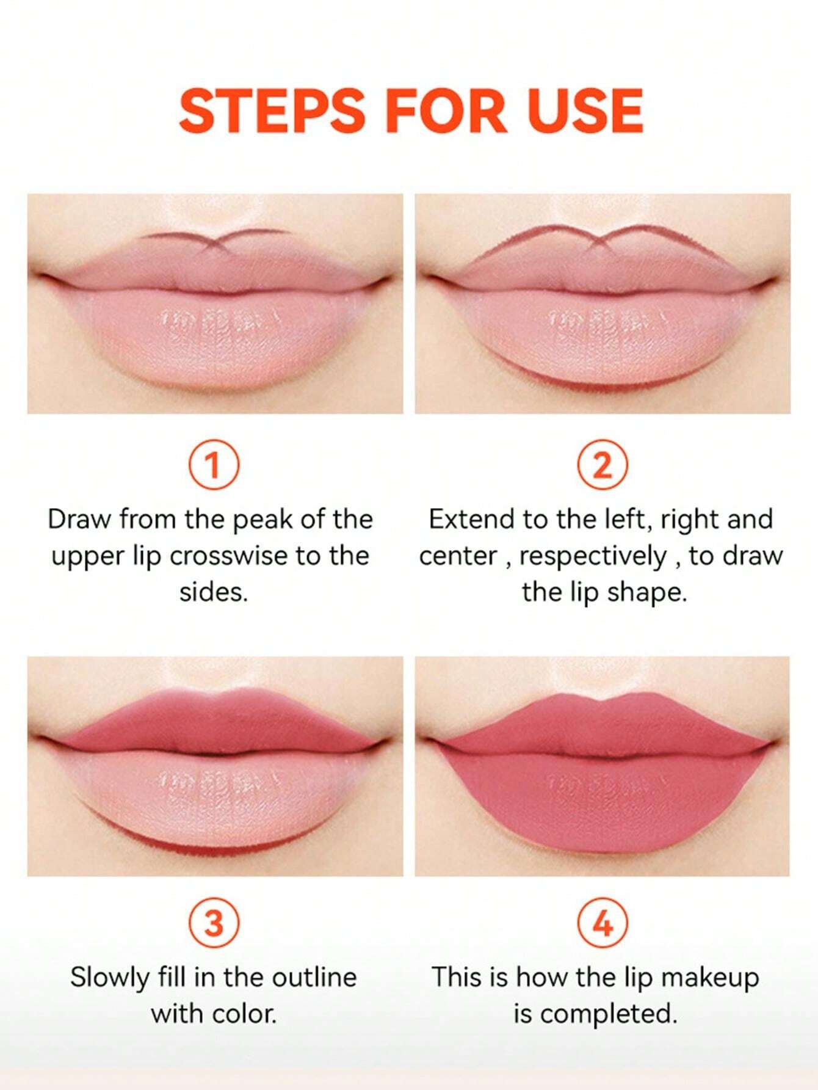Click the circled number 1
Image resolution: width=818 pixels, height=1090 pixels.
coord(214,467)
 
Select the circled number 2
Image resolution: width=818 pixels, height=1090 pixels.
coord(602,467)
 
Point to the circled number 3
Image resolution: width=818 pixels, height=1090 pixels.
coord(214,924)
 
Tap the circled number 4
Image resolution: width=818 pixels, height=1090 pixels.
coord(602,924)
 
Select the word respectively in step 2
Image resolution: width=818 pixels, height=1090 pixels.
coord(592,557)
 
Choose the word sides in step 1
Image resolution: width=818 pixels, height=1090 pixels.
coord(214,592)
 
